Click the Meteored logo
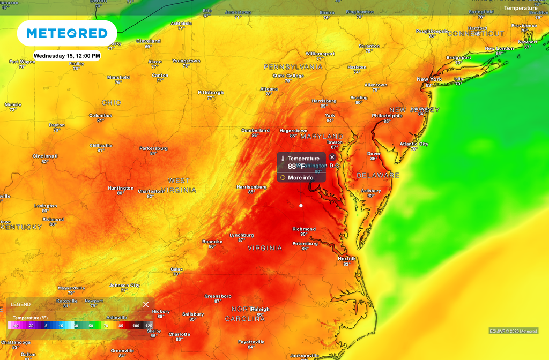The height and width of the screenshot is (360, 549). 67,33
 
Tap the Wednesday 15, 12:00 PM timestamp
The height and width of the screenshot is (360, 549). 67,56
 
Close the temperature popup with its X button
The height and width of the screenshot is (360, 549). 332,157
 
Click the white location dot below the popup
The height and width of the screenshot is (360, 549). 301,206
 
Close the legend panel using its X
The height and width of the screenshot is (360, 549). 146,304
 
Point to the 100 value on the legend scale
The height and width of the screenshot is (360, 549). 136,326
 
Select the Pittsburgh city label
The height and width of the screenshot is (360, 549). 211,93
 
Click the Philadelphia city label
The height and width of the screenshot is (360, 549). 387,116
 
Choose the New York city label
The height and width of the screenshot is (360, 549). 429,79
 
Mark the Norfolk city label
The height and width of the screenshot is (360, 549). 347,259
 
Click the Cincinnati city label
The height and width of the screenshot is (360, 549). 45,156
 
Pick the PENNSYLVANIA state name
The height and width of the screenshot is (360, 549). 293,67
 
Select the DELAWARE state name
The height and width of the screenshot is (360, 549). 379,176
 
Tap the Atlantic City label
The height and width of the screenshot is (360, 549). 414,144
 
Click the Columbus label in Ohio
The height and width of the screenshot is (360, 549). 100,115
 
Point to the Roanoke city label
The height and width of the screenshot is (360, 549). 212,242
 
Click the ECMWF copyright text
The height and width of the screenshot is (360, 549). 513,331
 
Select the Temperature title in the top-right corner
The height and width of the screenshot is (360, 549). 520,8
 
